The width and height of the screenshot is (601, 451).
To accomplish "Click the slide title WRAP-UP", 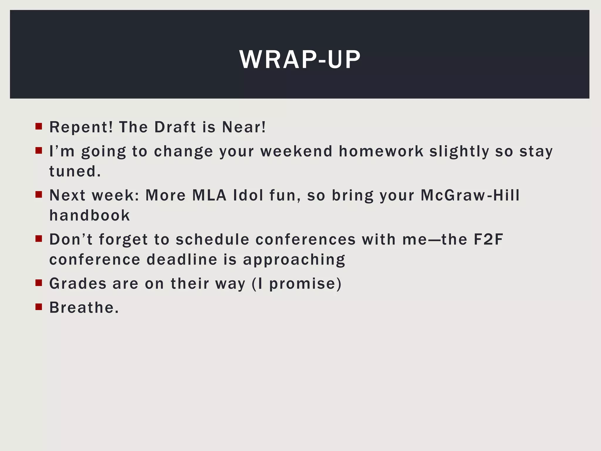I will (300, 60).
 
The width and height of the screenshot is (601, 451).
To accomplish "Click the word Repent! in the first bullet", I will (81, 127).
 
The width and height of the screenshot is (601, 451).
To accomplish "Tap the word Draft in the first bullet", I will (175, 127).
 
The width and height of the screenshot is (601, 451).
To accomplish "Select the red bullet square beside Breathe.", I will (39, 307).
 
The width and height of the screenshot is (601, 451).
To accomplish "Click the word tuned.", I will (75, 171).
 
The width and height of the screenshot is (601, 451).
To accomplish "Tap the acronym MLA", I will (209, 195).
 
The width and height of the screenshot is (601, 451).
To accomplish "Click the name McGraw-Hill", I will (470, 195).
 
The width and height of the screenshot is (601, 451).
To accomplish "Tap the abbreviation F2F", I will (488, 239).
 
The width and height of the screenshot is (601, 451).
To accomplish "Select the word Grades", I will (78, 284).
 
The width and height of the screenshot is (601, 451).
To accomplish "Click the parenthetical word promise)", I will (305, 284).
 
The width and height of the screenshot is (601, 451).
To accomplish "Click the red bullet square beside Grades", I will (39, 283).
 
